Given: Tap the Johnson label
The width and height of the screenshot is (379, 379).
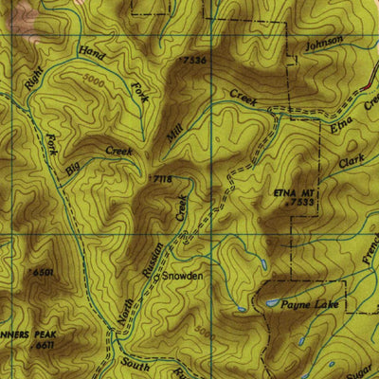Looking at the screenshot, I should point(323,45).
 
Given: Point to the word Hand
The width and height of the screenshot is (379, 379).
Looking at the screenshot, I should point(92,54).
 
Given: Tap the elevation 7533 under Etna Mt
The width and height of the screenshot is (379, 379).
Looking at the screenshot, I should point(301,202).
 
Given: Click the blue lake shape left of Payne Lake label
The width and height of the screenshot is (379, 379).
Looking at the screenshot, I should point(271,303).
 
